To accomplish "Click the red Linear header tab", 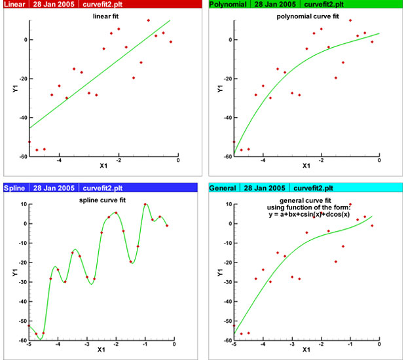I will tap(14, 5).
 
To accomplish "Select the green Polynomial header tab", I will tap(227, 5).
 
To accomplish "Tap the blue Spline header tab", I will tap(14, 188).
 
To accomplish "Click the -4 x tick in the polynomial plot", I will tap(263, 160).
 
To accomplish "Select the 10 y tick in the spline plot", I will tap(21, 204).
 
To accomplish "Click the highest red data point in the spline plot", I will tap(145, 205).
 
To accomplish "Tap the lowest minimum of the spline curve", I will tap(40, 339).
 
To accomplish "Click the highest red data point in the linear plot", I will tap(148, 20).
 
